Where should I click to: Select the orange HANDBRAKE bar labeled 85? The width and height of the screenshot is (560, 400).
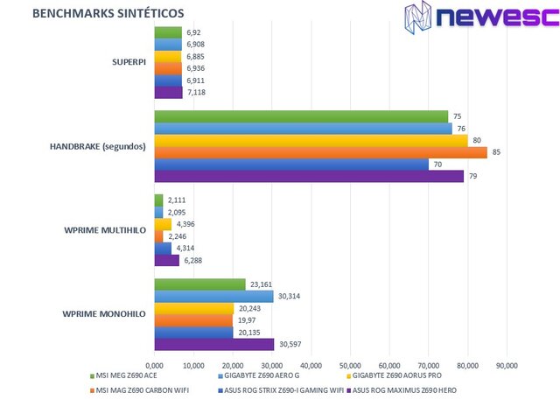320,152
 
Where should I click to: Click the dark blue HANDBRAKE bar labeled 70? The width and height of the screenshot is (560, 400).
291,165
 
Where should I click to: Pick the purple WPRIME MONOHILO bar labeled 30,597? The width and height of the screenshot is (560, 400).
214,344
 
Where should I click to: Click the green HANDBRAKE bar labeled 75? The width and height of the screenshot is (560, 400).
301,116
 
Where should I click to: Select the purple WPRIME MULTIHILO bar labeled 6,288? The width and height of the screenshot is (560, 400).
166,260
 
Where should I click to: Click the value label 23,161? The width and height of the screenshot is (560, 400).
261,284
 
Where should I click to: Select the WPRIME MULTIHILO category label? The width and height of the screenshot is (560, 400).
104,230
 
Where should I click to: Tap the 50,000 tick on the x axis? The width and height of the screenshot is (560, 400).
350,365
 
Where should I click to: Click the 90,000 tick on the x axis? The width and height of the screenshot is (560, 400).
507,365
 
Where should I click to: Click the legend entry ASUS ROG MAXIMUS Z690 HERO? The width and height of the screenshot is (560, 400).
404,389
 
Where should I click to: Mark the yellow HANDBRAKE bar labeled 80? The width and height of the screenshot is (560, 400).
311,140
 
